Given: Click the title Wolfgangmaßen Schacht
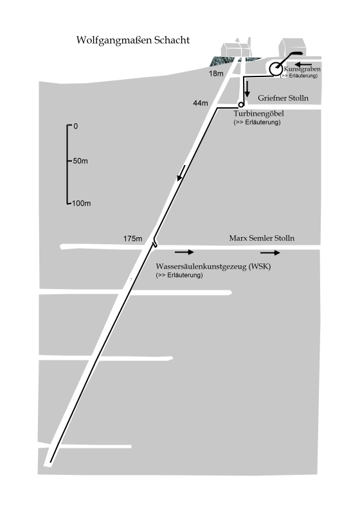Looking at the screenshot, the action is pyautogui.click(x=133, y=40).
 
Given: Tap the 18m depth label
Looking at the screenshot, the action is pyautogui.click(x=216, y=73).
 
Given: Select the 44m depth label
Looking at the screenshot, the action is pyautogui.click(x=201, y=103).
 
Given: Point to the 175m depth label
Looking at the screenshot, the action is pyautogui.click(x=133, y=238).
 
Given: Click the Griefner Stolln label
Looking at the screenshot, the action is pyautogui.click(x=283, y=98).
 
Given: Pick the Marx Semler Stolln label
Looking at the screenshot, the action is pyautogui.click(x=262, y=238).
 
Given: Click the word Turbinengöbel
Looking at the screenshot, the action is pyautogui.click(x=258, y=114).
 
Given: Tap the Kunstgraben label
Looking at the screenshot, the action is pyautogui.click(x=302, y=69).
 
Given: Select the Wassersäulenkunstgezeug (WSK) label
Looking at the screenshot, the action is pyautogui.click(x=213, y=266).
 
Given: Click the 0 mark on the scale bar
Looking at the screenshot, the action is pyautogui.click(x=75, y=126).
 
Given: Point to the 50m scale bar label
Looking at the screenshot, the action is pyautogui.click(x=80, y=161).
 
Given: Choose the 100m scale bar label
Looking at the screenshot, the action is pyautogui.click(x=81, y=203).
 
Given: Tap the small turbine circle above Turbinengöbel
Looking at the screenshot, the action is pyautogui.click(x=241, y=105).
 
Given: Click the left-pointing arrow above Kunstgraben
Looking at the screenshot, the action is pyautogui.click(x=303, y=64).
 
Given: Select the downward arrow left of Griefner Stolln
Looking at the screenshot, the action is pyautogui.click(x=248, y=89).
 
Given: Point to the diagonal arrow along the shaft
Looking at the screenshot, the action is pyautogui.click(x=181, y=173).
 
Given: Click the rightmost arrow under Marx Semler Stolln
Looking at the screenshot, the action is pyautogui.click(x=270, y=253).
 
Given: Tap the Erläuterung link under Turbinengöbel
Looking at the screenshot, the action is pyautogui.click(x=257, y=122).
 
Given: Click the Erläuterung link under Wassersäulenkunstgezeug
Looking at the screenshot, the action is pyautogui.click(x=179, y=275).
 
